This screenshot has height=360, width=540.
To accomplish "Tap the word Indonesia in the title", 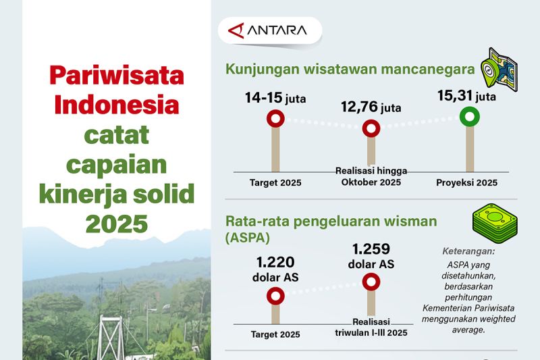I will point(117,105).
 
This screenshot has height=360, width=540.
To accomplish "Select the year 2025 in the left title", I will point(117,223).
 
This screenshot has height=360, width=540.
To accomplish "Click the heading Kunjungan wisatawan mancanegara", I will point(350,70).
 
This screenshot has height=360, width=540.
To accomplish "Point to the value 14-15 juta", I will point(275,99).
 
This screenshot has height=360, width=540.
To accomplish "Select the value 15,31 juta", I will point(467,97).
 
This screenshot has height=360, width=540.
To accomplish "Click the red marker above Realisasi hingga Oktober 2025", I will point(371,128).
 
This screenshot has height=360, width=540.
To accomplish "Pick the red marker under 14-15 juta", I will point(275,120).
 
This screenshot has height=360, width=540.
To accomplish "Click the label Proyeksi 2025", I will point(466,183).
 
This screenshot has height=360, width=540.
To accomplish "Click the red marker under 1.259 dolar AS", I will point(371,282).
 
